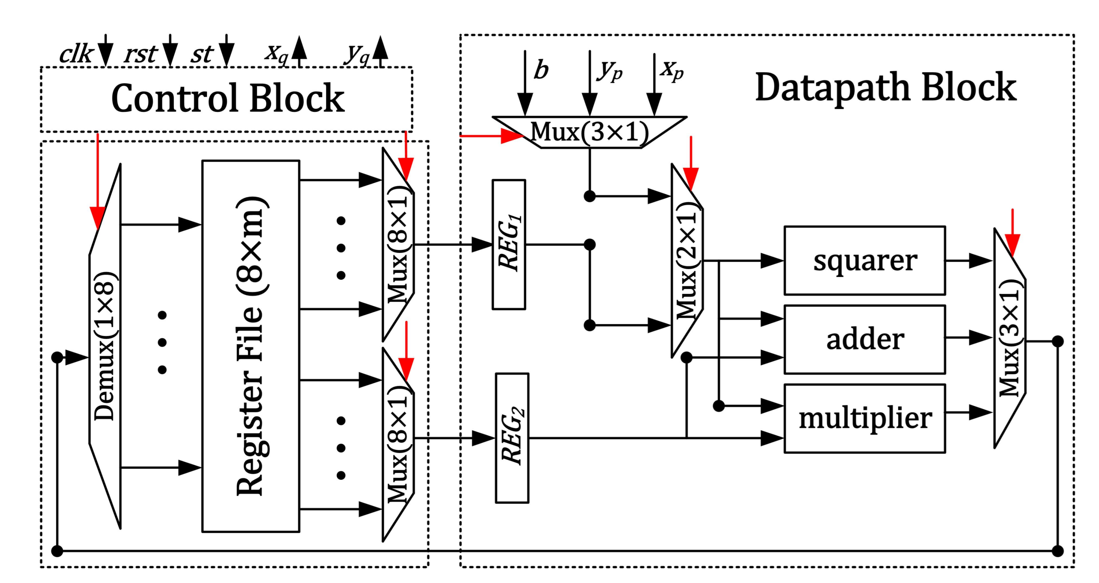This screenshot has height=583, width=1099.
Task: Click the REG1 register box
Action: (509, 244)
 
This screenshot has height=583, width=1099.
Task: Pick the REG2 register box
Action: (511, 438)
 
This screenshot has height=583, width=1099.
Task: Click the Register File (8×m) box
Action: (250, 346)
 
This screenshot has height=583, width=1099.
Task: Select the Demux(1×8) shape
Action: (105, 346)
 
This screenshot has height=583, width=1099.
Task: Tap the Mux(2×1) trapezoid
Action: (687, 260)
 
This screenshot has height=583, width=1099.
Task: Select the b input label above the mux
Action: (541, 70)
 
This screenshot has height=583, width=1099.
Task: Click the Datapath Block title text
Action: (885, 88)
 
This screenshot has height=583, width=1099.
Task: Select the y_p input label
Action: (609, 70)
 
